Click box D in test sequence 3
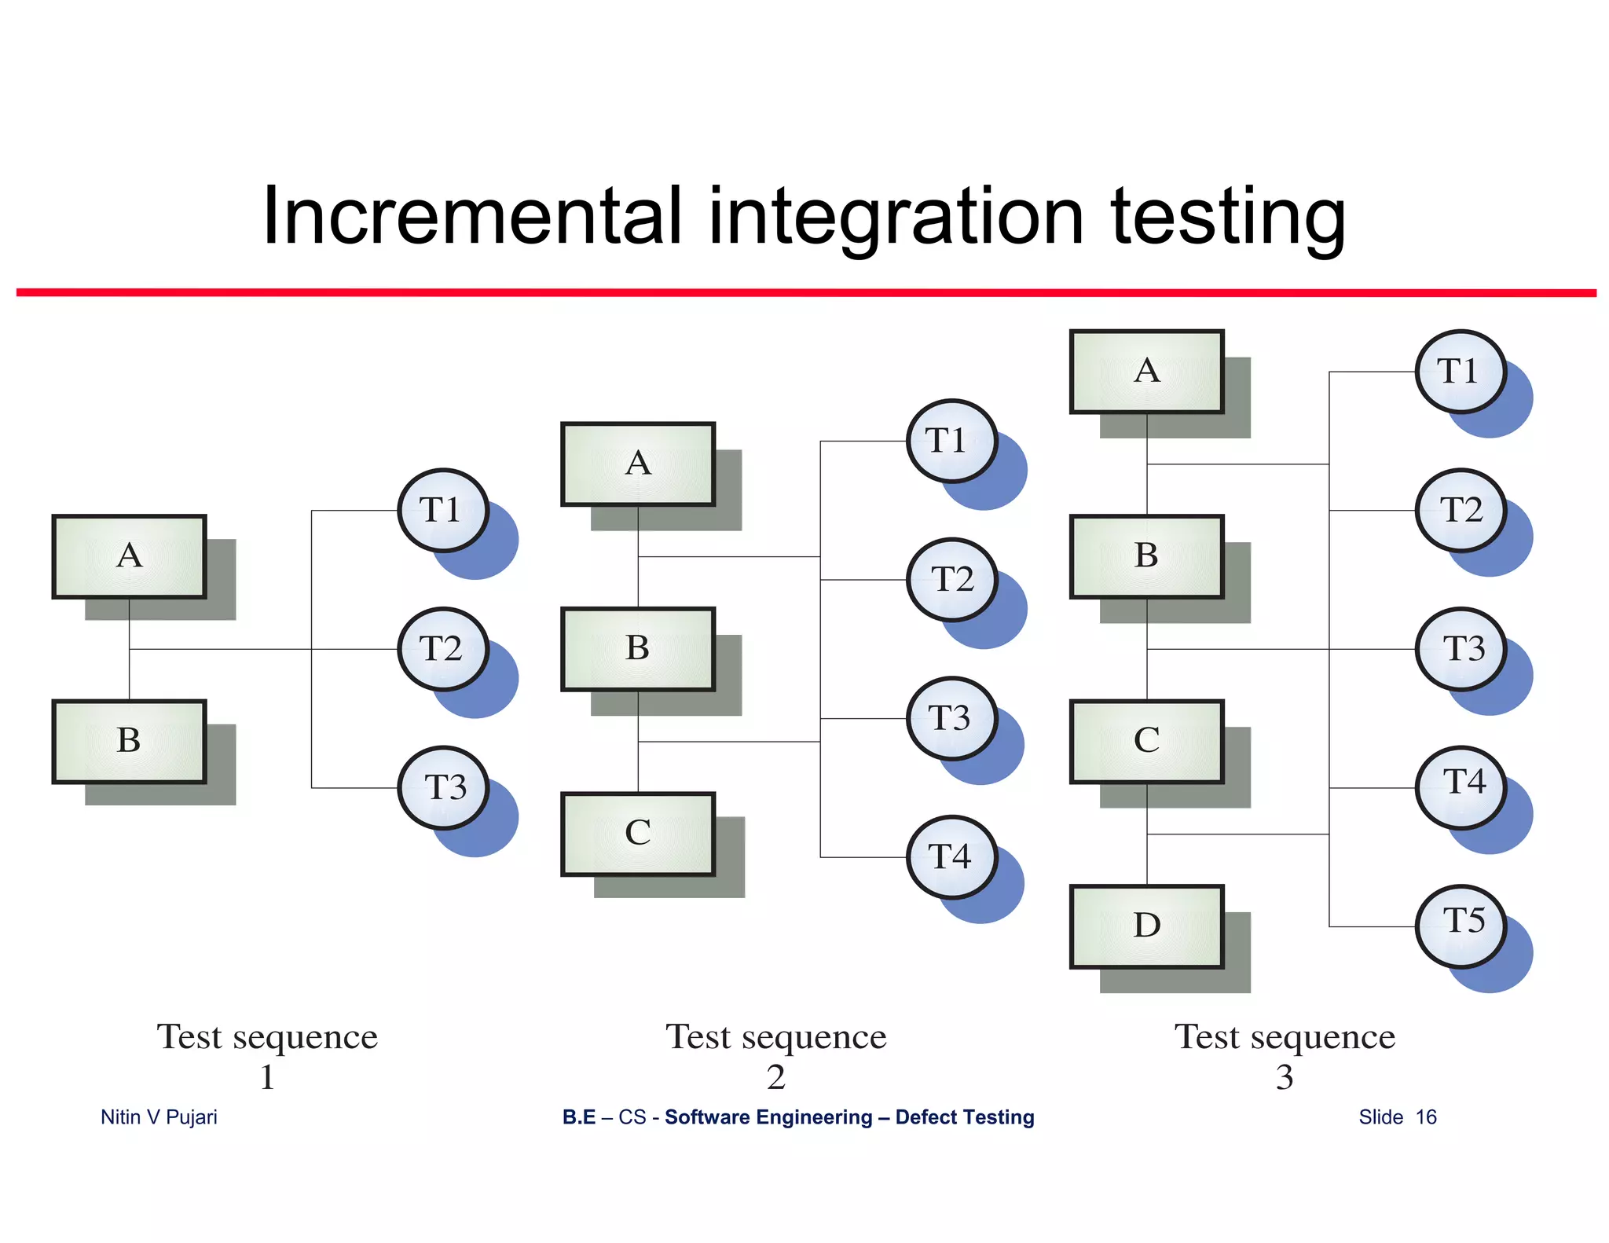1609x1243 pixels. pyautogui.click(x=1146, y=926)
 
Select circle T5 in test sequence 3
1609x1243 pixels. pyautogui.click(x=1461, y=926)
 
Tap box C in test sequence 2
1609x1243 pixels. pyautogui.click(x=637, y=834)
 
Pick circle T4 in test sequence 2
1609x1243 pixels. pyautogui.click(x=951, y=856)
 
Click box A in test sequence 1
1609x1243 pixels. pyautogui.click(x=129, y=556)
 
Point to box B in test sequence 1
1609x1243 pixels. pyautogui.click(x=129, y=741)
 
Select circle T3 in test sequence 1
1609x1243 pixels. pyautogui.click(x=443, y=787)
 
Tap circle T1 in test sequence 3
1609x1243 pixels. pyautogui.click(x=1460, y=372)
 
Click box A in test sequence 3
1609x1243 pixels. pyautogui.click(x=1146, y=371)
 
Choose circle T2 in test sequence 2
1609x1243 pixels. pyautogui.click(x=951, y=580)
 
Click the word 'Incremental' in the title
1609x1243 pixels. pyautogui.click(x=471, y=216)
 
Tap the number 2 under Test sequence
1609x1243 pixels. pyautogui.click(x=776, y=1077)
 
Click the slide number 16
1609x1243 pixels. pyautogui.click(x=1425, y=1116)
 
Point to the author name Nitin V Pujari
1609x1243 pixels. pyautogui.click(x=159, y=1116)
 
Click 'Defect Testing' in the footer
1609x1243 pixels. pyautogui.click(x=964, y=1116)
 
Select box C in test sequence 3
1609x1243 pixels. pyautogui.click(x=1146, y=741)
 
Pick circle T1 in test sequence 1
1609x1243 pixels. pyautogui.click(x=443, y=511)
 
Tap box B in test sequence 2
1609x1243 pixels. pyautogui.click(x=637, y=649)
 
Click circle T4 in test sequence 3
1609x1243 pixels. pyautogui.click(x=1461, y=787)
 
